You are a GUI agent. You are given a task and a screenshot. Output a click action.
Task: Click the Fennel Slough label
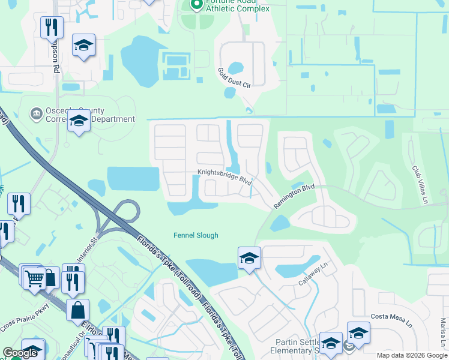click(196, 236)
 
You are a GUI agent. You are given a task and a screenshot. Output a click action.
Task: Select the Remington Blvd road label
click(294, 196)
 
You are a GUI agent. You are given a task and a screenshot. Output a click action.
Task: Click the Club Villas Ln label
click(420, 183)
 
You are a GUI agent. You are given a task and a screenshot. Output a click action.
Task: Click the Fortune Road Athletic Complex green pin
click(196, 5)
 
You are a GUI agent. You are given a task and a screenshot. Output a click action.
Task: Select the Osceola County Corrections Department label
click(90, 115)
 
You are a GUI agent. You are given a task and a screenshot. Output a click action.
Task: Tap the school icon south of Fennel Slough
click(249, 259)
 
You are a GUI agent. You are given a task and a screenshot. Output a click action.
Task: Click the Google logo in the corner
click(20, 353)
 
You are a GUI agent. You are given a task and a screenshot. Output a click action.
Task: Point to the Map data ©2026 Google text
click(411, 355)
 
